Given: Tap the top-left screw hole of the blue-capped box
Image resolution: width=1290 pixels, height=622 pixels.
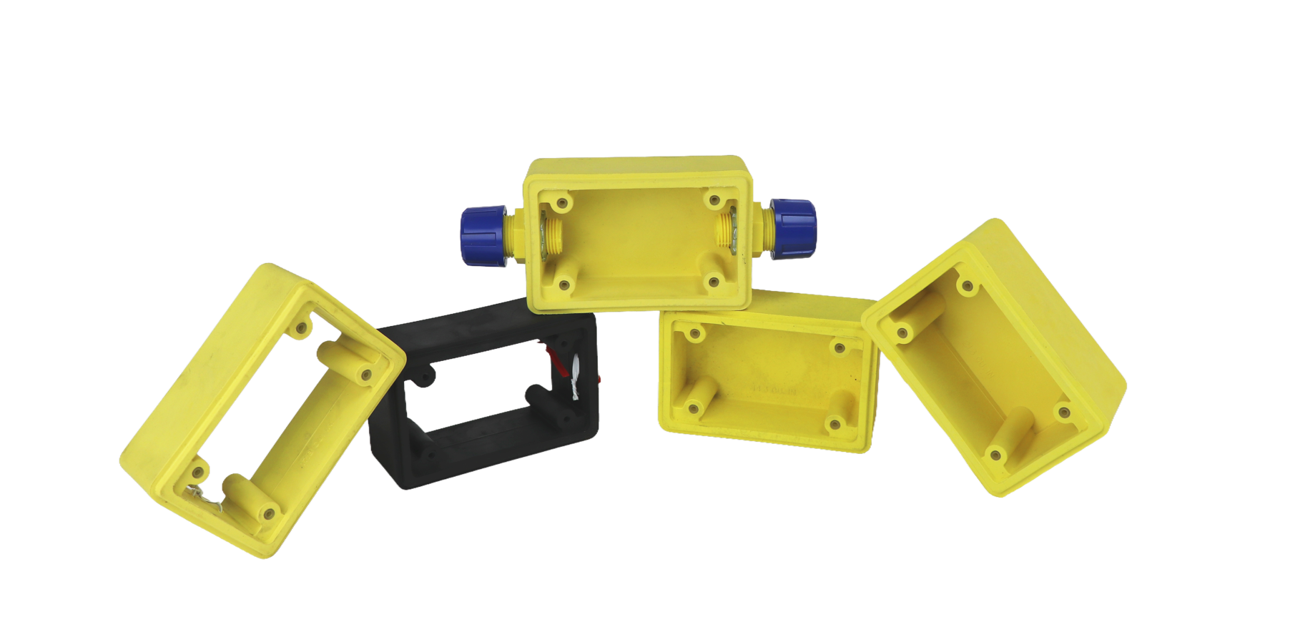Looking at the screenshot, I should point(563,204).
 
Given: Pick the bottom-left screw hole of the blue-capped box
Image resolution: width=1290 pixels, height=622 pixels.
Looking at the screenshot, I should point(564,285).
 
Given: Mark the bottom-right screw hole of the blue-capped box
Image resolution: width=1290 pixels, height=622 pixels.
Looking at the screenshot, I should point(713,282).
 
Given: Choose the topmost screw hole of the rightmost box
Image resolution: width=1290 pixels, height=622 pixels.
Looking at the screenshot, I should point(967,287).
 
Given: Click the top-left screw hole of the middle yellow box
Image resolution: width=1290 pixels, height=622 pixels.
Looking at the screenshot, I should point(692,333).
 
